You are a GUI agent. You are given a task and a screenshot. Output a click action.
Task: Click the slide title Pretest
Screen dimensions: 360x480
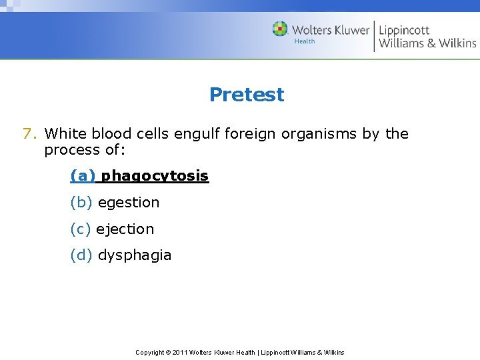coord(247,95)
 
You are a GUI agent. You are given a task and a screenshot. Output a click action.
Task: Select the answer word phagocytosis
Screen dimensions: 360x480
coord(155,176)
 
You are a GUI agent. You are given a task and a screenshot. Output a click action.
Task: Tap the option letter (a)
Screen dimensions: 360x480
coord(83,176)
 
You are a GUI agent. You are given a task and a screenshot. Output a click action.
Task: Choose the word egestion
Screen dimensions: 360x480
coord(129,203)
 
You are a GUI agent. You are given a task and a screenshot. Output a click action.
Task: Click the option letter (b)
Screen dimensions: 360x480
coord(82,203)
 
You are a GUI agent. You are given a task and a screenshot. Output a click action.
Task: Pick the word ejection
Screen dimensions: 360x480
coord(125,229)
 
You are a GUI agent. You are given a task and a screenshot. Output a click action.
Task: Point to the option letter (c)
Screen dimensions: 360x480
coord(81,229)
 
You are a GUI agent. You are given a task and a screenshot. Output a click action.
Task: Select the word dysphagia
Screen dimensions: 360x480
coord(135,255)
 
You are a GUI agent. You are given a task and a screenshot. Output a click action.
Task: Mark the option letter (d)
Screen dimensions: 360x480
coord(82,255)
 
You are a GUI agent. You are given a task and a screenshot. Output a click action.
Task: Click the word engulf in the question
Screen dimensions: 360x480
coord(197,134)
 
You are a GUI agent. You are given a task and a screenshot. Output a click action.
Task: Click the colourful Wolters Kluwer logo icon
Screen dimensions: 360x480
coord(280,29)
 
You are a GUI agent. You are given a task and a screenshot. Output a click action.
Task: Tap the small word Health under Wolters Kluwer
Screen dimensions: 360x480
coord(305,41)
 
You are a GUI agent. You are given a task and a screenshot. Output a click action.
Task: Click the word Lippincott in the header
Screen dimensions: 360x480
coord(404,29)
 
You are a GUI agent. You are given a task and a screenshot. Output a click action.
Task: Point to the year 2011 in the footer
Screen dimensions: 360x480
coord(179,352)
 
